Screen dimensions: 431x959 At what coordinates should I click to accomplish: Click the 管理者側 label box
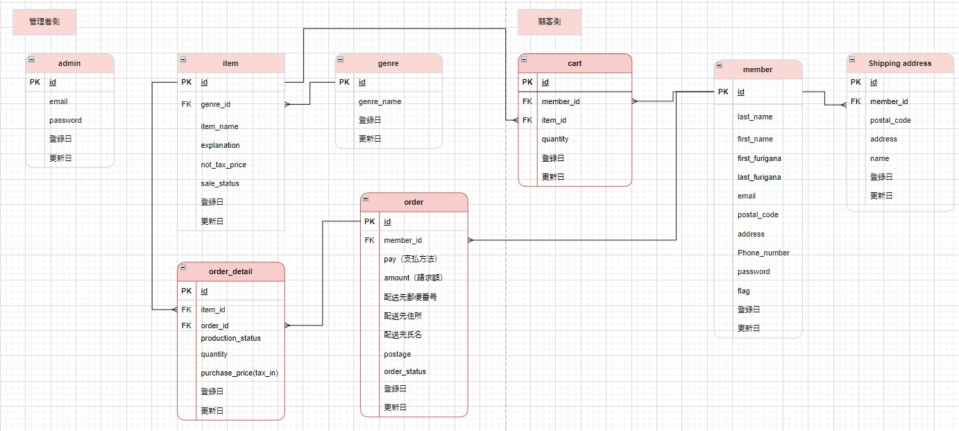[44, 22]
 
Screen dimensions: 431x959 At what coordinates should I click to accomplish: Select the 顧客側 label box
[549, 22]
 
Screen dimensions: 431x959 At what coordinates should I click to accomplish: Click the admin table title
[69, 63]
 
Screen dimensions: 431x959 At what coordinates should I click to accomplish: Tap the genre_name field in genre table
[380, 101]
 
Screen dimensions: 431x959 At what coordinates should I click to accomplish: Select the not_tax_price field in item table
[223, 164]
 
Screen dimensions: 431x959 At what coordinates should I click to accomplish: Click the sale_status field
[220, 183]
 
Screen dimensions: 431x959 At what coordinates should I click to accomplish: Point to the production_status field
[230, 338]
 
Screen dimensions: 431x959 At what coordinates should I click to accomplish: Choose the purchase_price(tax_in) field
[239, 373]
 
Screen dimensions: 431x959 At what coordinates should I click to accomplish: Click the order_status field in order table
[405, 371]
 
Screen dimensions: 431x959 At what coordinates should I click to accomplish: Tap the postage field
[397, 354]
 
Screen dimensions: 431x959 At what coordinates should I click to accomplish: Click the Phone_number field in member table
[763, 253]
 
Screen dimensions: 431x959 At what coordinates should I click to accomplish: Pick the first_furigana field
[759, 158]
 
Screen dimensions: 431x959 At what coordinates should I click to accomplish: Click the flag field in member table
[743, 291]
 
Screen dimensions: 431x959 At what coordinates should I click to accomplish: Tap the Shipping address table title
[900, 63]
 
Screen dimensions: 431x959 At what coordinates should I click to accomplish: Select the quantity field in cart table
[555, 139]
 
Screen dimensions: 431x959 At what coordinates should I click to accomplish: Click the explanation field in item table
[220, 145]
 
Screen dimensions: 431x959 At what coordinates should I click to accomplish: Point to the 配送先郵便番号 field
[410, 296]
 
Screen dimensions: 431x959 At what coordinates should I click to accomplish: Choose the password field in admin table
[65, 120]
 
